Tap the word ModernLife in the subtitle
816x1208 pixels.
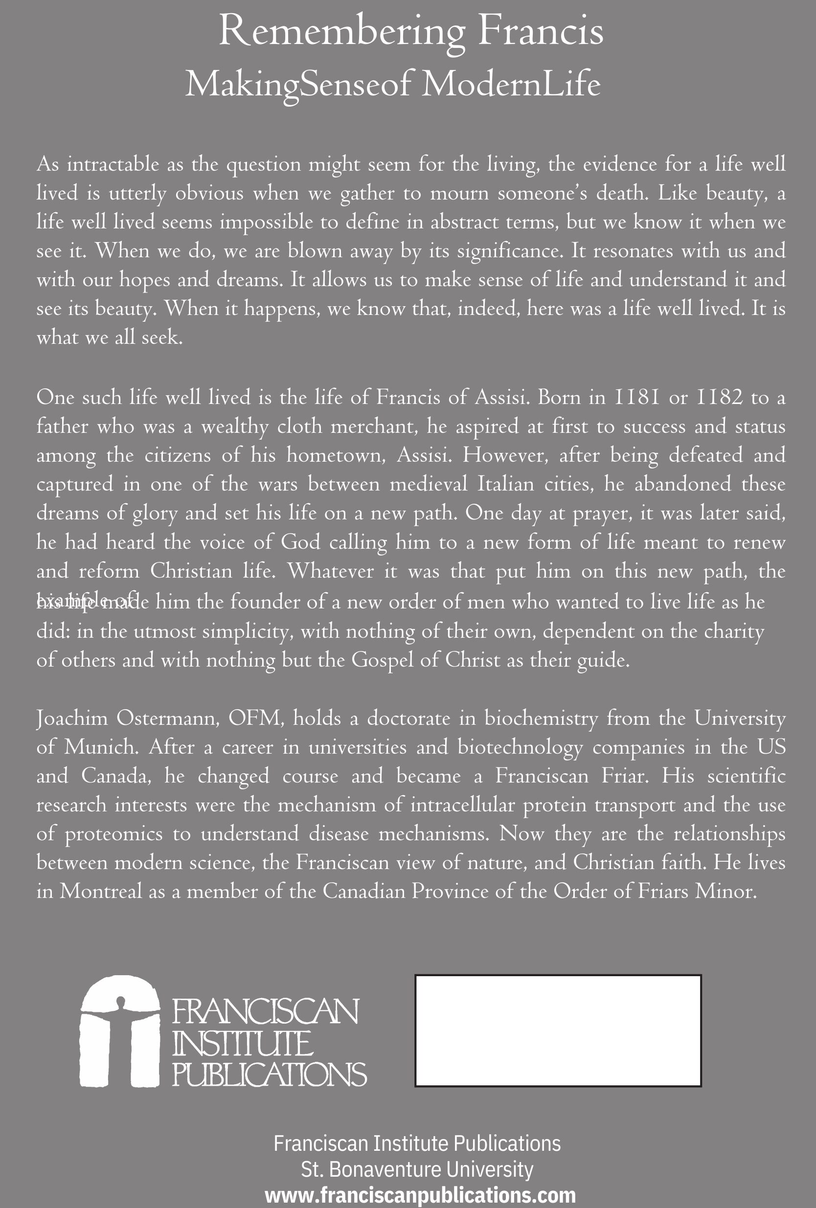click(x=511, y=85)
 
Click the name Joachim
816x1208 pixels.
click(x=72, y=719)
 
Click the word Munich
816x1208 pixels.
click(x=101, y=747)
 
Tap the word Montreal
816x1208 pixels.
click(x=100, y=892)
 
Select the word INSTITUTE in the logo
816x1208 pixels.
click(x=243, y=1045)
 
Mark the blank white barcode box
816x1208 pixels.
click(x=558, y=1031)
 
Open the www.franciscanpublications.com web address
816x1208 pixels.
click(x=420, y=1195)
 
